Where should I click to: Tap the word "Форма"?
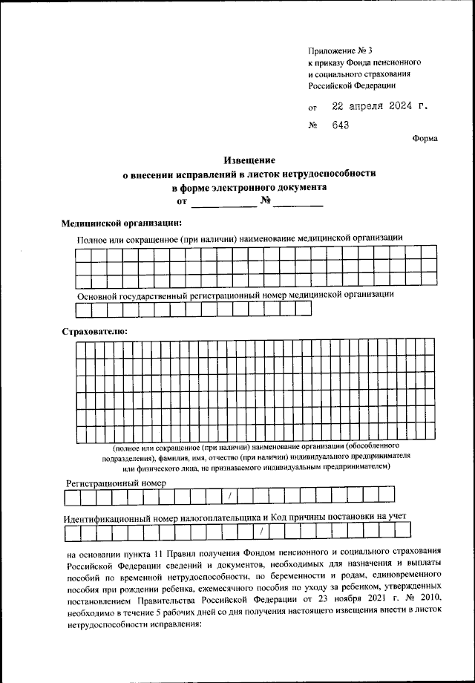pyautogui.click(x=425, y=138)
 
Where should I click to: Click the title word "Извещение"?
pyautogui.click(x=250, y=160)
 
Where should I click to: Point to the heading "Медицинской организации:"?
pyautogui.click(x=121, y=223)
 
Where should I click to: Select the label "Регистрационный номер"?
pyautogui.click(x=116, y=483)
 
